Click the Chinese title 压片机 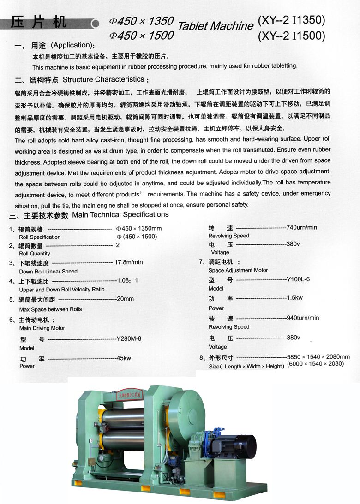[x=39, y=22]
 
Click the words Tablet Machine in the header [x=216, y=26]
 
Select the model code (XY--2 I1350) [x=292, y=20]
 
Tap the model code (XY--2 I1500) [x=292, y=35]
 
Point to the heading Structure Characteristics [x=106, y=79]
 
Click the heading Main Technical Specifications [x=120, y=214]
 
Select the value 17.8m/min [x=128, y=262]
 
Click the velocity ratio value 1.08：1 [x=127, y=280]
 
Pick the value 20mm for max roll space [x=126, y=299]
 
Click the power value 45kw [x=124, y=358]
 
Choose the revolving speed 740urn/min [x=302, y=227]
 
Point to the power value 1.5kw [x=295, y=298]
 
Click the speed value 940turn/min [x=303, y=318]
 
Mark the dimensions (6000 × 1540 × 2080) [x=316, y=363]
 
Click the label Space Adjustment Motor [x=238, y=270]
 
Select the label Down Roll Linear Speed [x=48, y=271]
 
